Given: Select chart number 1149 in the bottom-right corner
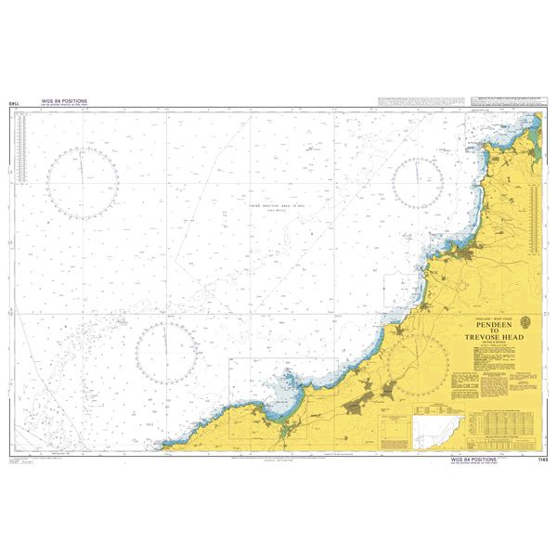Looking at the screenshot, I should click(543, 459).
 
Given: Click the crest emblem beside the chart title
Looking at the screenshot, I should click(526, 322).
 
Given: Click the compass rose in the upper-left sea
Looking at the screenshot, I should click(82, 185).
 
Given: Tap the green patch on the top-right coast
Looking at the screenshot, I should click(525, 126).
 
